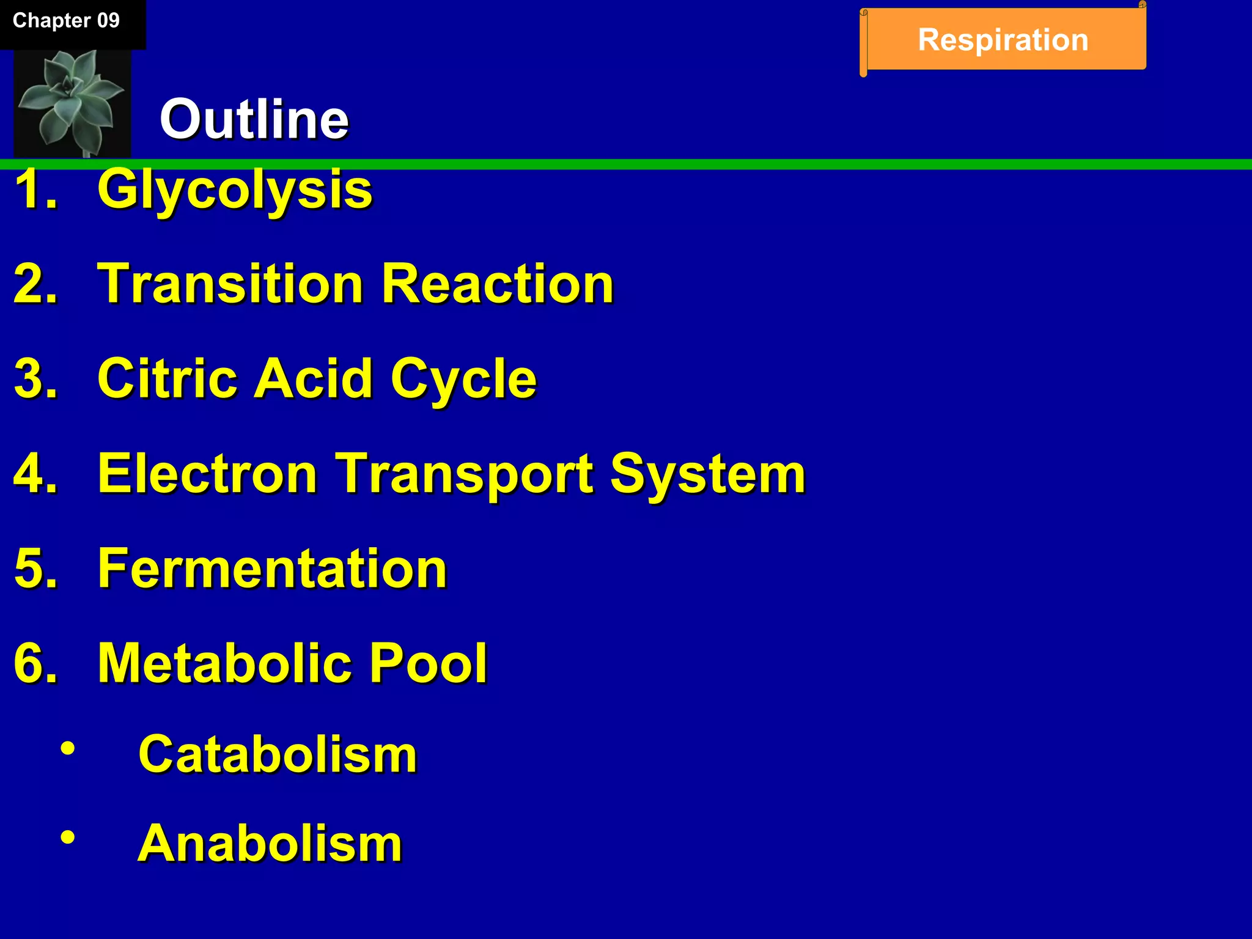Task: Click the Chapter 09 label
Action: [x=66, y=21]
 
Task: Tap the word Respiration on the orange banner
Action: [x=1003, y=40]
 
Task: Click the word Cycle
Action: [x=463, y=380]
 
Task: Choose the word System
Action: [x=708, y=474]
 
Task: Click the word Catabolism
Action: [x=278, y=754]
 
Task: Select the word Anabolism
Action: [x=270, y=843]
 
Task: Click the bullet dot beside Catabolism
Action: [x=68, y=748]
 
